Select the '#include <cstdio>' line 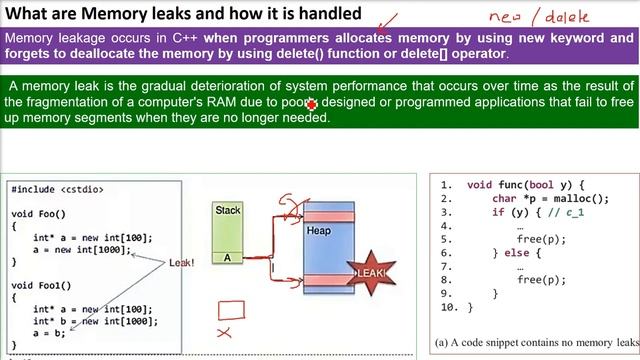(x=57, y=189)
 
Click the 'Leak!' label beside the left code (x=181, y=262)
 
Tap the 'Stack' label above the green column (x=228, y=210)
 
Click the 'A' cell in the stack (x=228, y=257)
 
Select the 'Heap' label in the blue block (x=319, y=231)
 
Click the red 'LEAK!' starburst (x=371, y=273)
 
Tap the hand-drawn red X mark (x=224, y=332)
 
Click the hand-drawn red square (x=231, y=310)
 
